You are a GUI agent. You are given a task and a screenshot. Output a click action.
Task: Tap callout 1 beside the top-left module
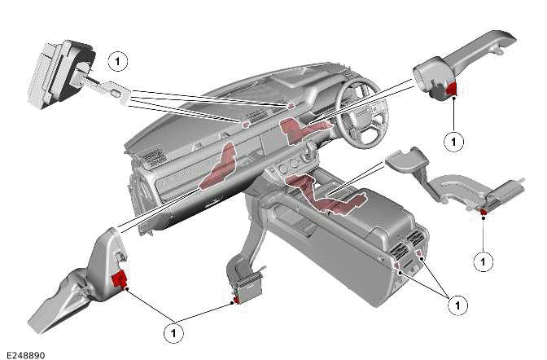pyautogui.click(x=118, y=61)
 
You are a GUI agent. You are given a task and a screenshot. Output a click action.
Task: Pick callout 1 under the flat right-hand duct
pyautogui.click(x=484, y=261)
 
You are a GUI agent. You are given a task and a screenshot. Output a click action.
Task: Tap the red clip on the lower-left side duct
pyautogui.click(x=119, y=280)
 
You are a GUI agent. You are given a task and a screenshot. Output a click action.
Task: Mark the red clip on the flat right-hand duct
pyautogui.click(x=483, y=213)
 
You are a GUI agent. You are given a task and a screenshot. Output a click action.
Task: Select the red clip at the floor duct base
pyautogui.click(x=236, y=301)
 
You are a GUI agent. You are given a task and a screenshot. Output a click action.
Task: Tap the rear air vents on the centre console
pyautogui.click(x=407, y=245)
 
